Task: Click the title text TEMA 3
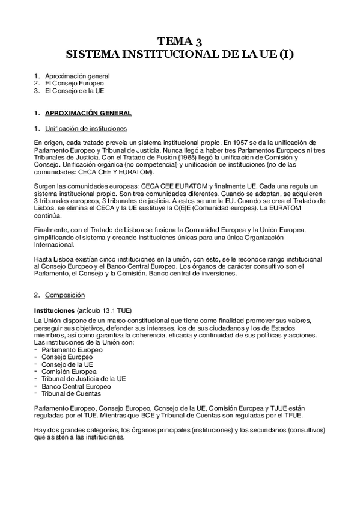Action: [x=180, y=41]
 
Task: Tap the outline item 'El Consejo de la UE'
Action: [x=73, y=91]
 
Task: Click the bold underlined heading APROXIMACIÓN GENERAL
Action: [x=88, y=113]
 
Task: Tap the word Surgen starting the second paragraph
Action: [x=46, y=186]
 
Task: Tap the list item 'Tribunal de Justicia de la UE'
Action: [x=84, y=379]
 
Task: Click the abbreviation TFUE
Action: [x=294, y=416]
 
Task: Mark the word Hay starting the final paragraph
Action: [x=40, y=431]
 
